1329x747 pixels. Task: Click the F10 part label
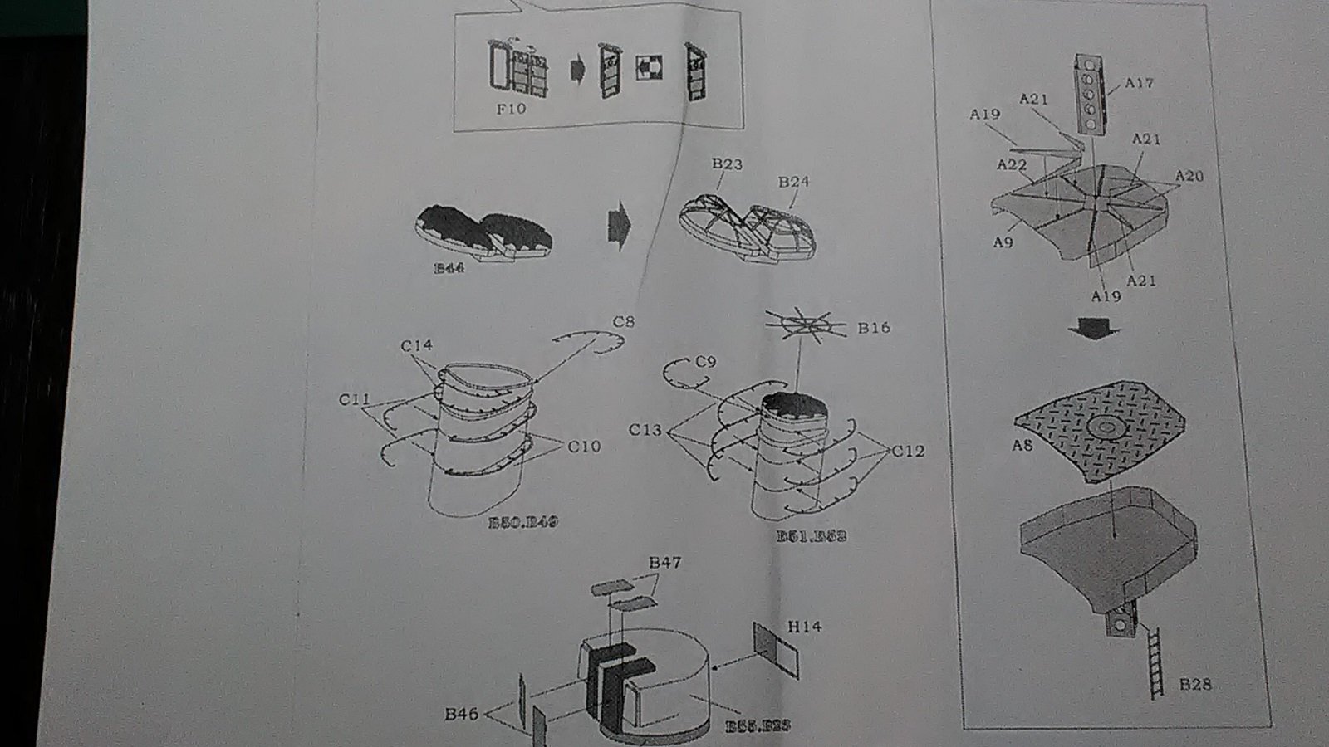click(511, 109)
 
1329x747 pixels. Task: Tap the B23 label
click(727, 164)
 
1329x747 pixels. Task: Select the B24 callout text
click(793, 182)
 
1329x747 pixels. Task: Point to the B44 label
click(449, 268)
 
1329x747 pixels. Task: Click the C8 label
click(623, 322)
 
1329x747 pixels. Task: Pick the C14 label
click(416, 345)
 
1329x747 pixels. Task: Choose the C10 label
click(584, 447)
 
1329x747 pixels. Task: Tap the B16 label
click(874, 328)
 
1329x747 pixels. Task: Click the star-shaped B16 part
click(803, 325)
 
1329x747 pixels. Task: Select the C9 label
click(705, 362)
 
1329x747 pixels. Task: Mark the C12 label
click(908, 451)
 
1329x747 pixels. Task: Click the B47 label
click(664, 563)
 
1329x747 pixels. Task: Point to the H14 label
click(804, 627)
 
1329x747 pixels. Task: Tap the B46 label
click(461, 714)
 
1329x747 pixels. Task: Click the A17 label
click(1140, 83)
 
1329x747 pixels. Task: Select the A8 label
click(1022, 446)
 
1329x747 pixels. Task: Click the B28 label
click(1195, 684)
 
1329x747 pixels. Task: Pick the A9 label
click(1003, 242)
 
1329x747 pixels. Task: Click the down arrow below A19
click(1093, 330)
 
